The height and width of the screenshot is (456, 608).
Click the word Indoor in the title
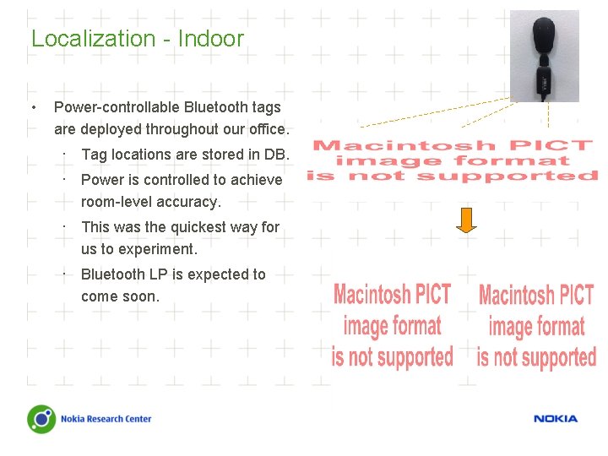pyautogui.click(x=210, y=39)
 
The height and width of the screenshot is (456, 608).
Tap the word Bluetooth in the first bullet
pyautogui.click(x=216, y=107)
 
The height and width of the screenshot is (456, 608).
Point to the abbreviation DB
pyautogui.click(x=275, y=155)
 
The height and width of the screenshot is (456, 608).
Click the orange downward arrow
pyautogui.click(x=467, y=219)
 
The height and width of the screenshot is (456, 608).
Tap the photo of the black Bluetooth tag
pyautogui.click(x=545, y=56)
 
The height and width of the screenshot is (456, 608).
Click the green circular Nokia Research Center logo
pyautogui.click(x=41, y=419)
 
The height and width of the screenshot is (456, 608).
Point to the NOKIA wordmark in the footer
pyautogui.click(x=556, y=419)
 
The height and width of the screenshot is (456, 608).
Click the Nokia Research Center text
pyautogui.click(x=106, y=419)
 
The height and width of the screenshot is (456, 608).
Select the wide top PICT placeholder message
pyautogui.click(x=453, y=160)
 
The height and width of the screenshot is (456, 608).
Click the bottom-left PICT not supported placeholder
pyautogui.click(x=393, y=326)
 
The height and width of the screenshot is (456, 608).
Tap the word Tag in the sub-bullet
pyautogui.click(x=93, y=155)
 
